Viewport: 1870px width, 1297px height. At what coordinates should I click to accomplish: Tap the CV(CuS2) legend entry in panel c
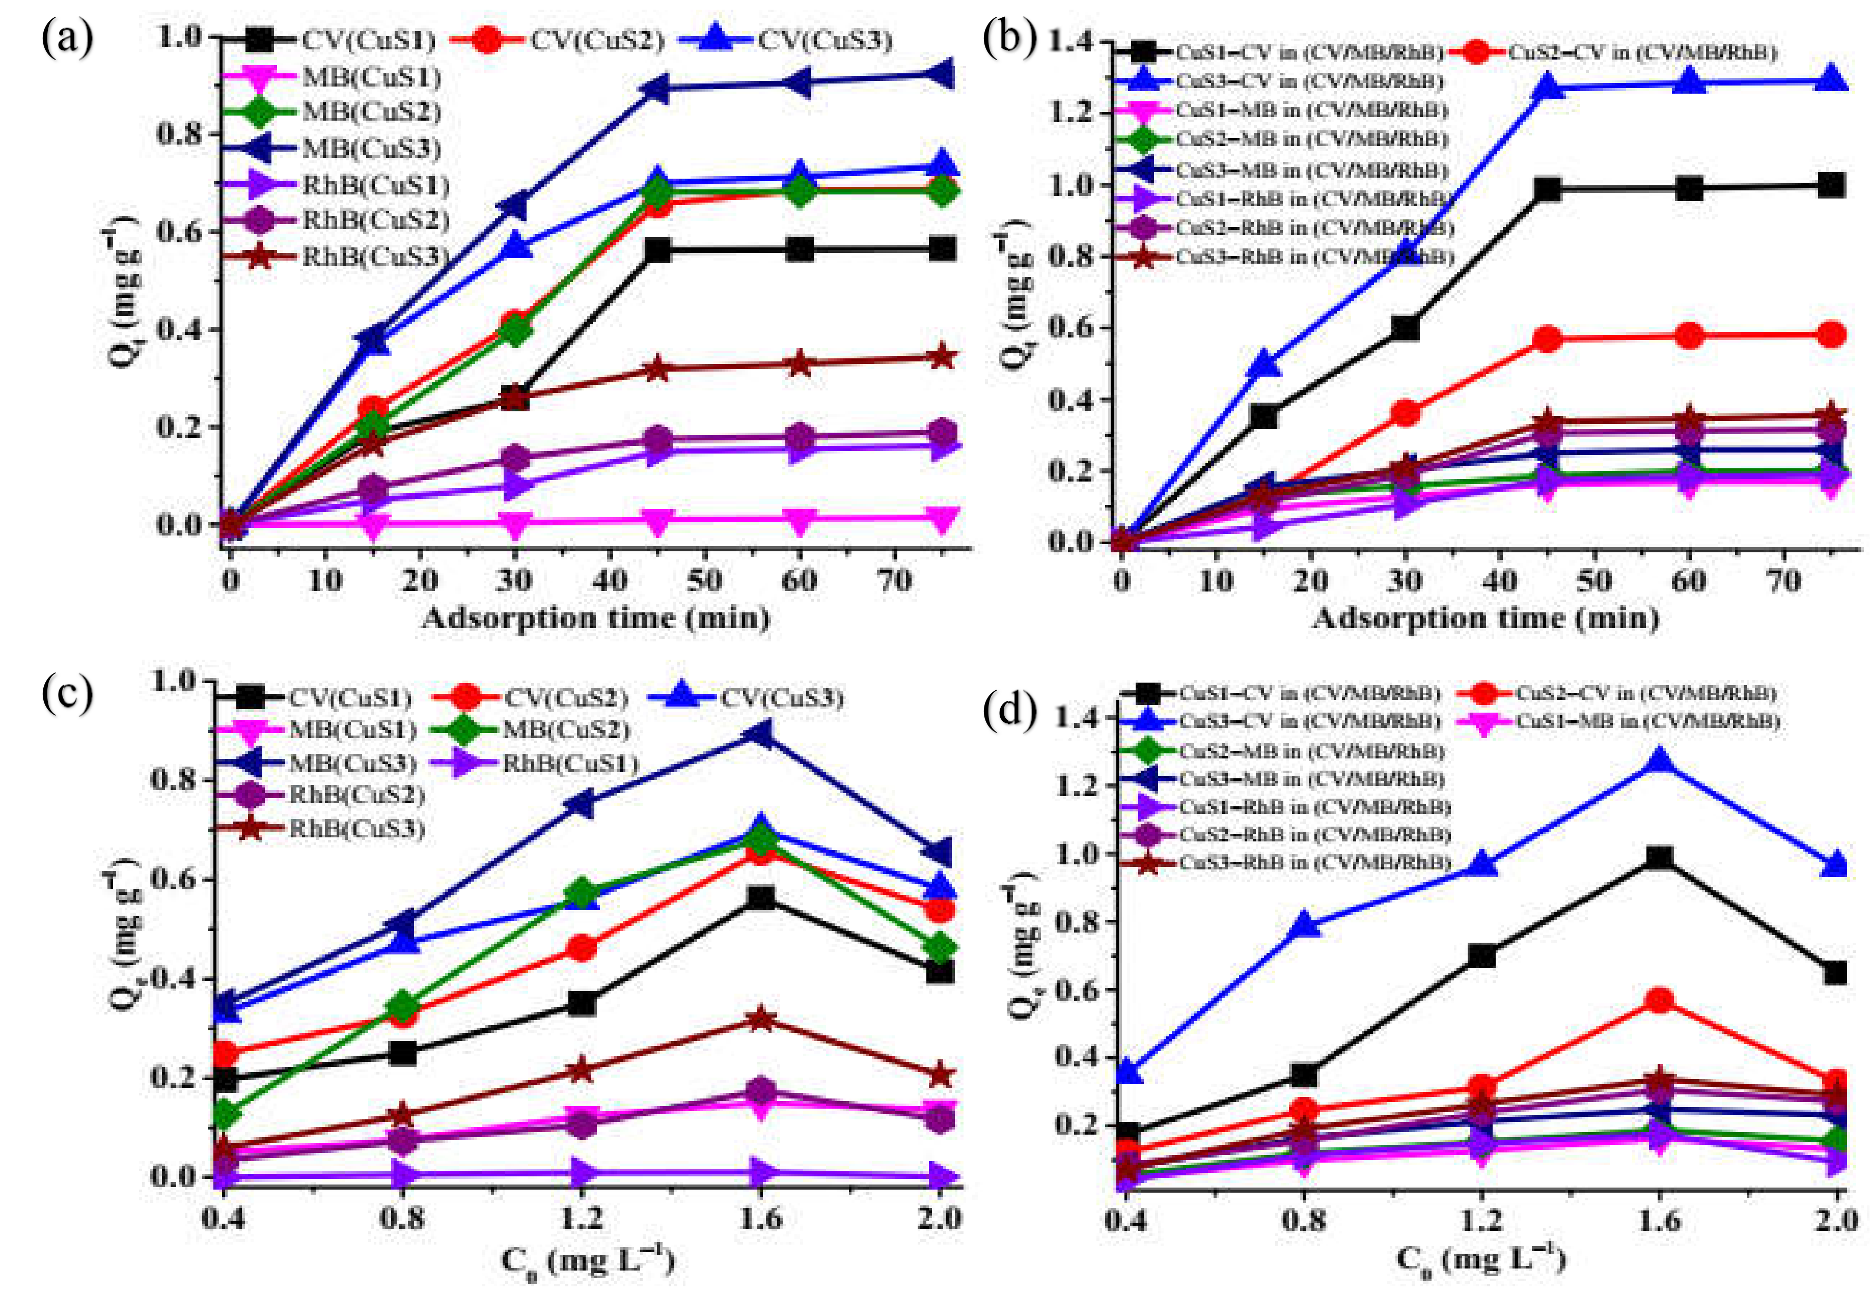click(x=566, y=698)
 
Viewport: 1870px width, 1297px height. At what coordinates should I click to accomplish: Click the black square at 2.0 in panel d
click(x=1835, y=973)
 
